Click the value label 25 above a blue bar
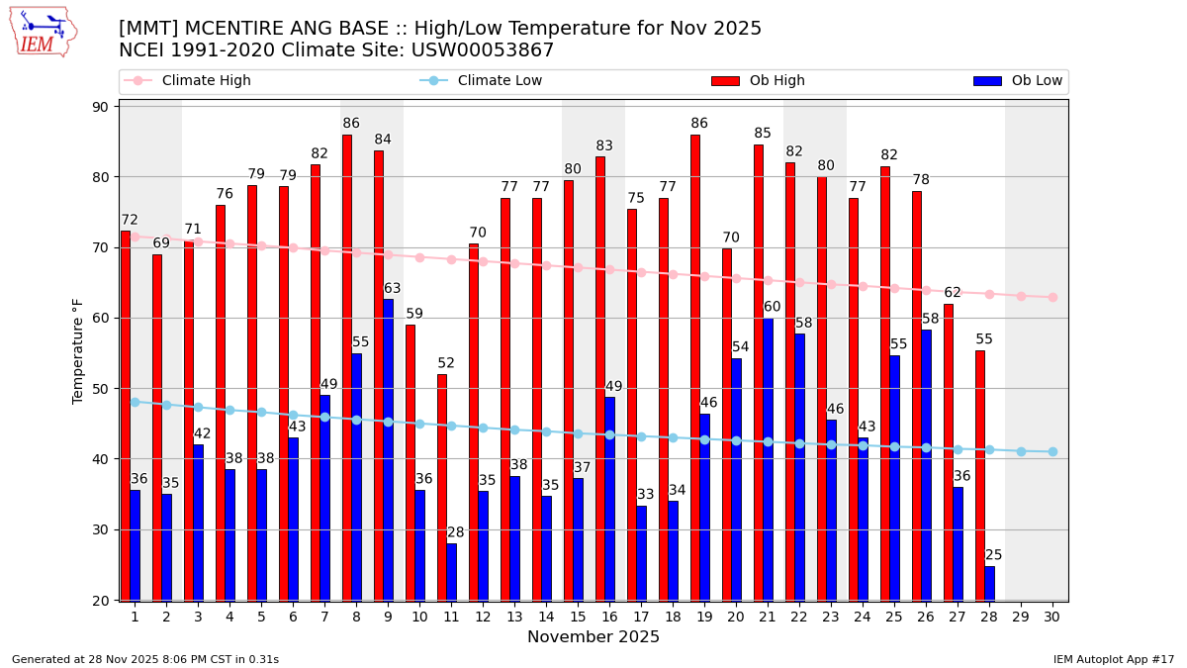(x=993, y=555)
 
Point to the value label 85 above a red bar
(x=763, y=134)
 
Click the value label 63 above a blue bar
(x=393, y=289)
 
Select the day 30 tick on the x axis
(x=1052, y=617)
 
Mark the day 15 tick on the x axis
(x=578, y=617)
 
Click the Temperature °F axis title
(x=78, y=350)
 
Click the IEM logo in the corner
(x=44, y=32)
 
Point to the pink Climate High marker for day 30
(x=1052, y=297)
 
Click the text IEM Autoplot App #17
(x=1114, y=659)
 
